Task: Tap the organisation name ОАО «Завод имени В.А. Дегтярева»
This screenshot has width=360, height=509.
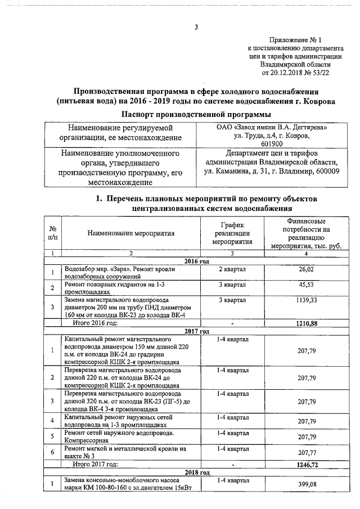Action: [x=272, y=128]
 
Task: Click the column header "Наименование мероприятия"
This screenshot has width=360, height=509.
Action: [x=131, y=232]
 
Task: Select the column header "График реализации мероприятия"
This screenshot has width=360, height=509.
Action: [x=231, y=232]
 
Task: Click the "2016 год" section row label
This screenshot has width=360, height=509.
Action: [x=197, y=262]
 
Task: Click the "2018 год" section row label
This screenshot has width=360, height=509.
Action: [x=197, y=472]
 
